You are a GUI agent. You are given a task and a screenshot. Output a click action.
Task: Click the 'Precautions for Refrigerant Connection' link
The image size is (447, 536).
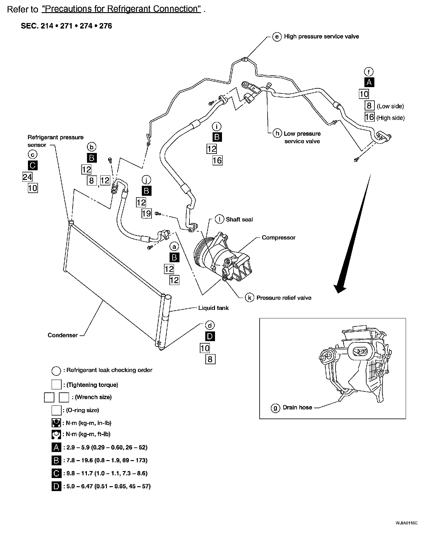pyautogui.click(x=121, y=9)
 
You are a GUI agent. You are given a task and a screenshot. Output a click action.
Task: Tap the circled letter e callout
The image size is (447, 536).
pyautogui.click(x=277, y=37)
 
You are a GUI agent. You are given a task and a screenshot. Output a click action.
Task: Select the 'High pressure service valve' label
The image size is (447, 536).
pyautogui.click(x=321, y=36)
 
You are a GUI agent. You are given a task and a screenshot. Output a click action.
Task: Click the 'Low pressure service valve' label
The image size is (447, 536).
pyautogui.click(x=302, y=137)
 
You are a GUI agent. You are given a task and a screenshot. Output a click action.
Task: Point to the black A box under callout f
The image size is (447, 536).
pyautogui.click(x=369, y=82)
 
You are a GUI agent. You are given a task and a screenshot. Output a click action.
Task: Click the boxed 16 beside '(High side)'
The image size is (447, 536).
pyautogui.click(x=369, y=117)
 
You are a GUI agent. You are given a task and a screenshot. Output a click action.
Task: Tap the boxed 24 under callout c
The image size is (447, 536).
pyautogui.click(x=27, y=177)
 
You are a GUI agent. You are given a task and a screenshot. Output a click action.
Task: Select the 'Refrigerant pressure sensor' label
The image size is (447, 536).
pyautogui.click(x=55, y=141)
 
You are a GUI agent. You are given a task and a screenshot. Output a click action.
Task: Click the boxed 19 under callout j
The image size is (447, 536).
pyautogui.click(x=146, y=213)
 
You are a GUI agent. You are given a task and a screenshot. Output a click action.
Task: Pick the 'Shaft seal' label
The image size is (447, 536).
pyautogui.click(x=239, y=219)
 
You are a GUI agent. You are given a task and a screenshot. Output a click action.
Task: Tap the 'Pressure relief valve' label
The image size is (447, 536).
pyautogui.click(x=284, y=298)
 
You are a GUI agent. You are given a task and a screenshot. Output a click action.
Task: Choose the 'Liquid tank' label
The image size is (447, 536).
pyautogui.click(x=213, y=308)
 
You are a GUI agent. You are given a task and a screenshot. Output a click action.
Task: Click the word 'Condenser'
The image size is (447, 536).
pyautogui.click(x=63, y=335)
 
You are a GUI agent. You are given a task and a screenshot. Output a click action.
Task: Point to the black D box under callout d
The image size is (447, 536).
pyautogui.click(x=210, y=336)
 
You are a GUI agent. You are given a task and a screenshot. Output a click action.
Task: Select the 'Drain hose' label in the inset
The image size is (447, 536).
pyautogui.click(x=297, y=407)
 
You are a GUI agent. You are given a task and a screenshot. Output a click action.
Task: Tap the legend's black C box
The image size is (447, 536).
pyautogui.click(x=56, y=473)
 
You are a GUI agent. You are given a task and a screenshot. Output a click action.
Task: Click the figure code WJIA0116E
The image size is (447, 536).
pyautogui.click(x=407, y=523)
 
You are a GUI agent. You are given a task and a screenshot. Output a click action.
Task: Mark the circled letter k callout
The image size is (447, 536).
pyautogui.click(x=249, y=298)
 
